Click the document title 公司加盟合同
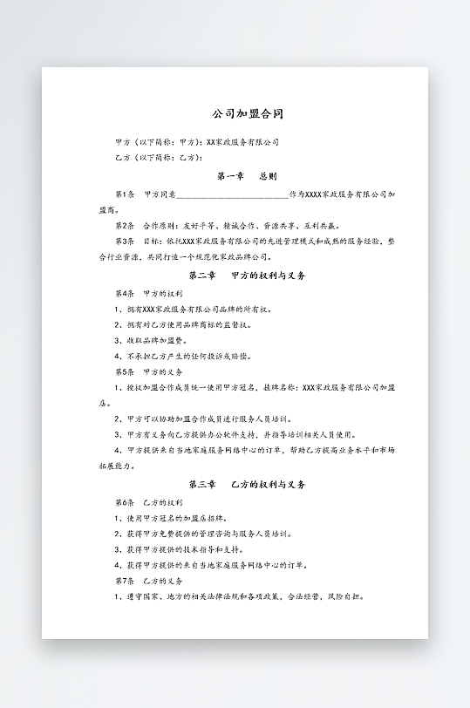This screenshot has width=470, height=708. [x=248, y=114]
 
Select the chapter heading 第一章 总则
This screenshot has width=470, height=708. [x=247, y=175]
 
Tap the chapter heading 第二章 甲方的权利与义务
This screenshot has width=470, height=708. [x=247, y=276]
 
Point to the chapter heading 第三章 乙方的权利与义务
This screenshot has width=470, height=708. [x=247, y=484]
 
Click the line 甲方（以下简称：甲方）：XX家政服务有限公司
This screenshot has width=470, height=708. [x=197, y=141]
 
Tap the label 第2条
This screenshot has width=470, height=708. [x=124, y=225]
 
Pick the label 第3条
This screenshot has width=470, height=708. [x=124, y=241]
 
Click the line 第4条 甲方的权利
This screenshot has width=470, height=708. [x=148, y=294]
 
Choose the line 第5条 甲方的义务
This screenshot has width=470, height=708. [x=148, y=371]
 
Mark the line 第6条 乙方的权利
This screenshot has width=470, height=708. [x=148, y=503]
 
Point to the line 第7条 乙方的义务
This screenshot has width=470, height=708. [x=148, y=581]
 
